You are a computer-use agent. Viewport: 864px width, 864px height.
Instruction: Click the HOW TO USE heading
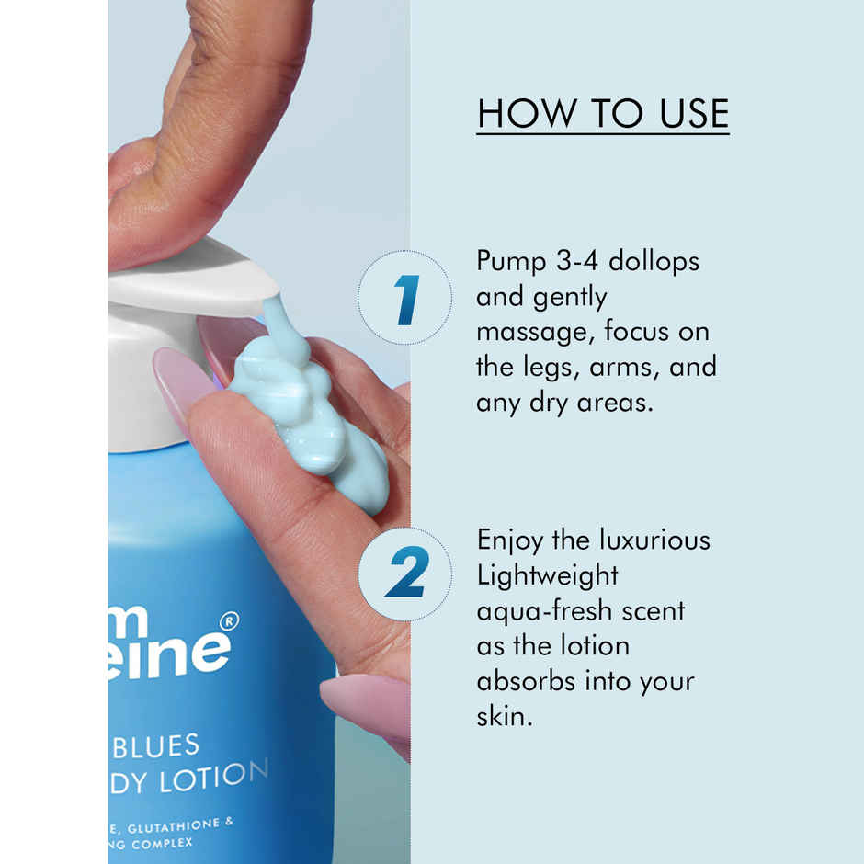(603, 113)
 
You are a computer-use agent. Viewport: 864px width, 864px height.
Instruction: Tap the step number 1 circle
(404, 298)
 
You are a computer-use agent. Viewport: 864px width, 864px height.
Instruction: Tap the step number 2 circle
(404, 574)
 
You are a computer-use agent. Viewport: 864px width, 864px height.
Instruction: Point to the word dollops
(655, 261)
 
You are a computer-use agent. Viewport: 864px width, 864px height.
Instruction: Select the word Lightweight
(547, 575)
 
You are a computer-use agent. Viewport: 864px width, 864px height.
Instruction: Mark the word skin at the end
(502, 716)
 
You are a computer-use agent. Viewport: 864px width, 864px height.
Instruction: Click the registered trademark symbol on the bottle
(230, 621)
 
